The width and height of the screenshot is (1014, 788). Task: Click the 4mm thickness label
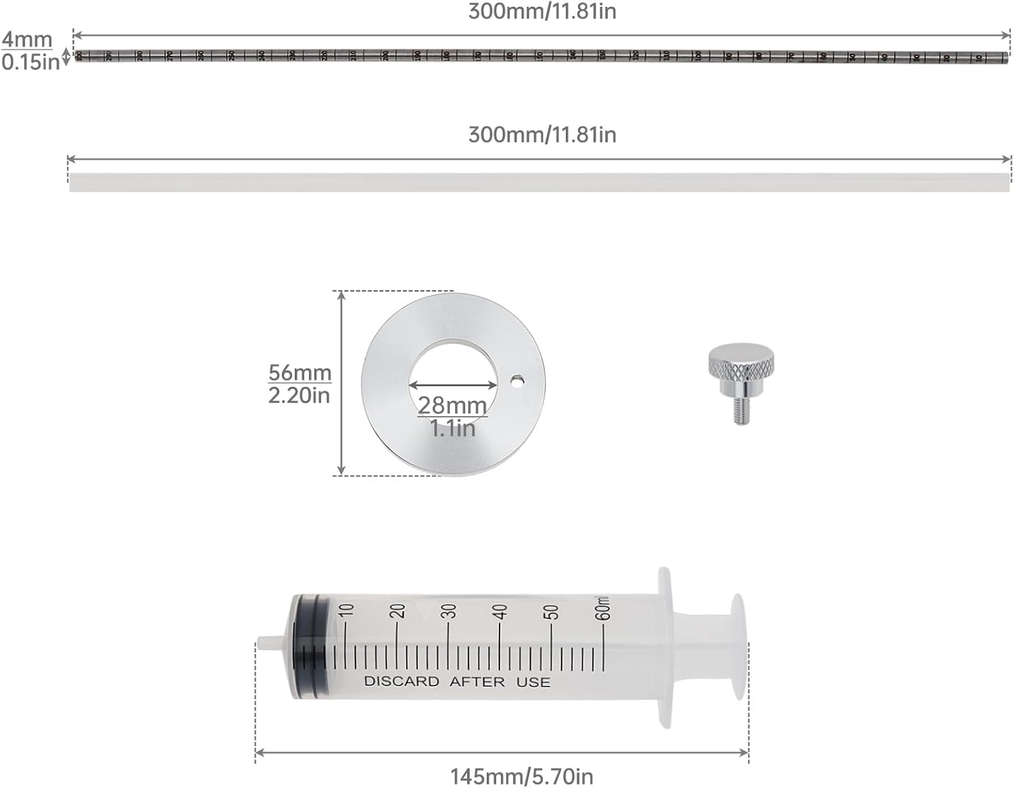pyautogui.click(x=26, y=39)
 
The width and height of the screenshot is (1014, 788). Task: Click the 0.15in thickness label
pyautogui.click(x=30, y=62)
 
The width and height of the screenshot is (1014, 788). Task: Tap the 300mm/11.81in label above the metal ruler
pyautogui.click(x=542, y=11)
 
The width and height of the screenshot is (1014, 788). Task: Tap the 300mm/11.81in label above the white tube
pyautogui.click(x=542, y=135)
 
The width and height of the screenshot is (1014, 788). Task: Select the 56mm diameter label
pyautogui.click(x=299, y=373)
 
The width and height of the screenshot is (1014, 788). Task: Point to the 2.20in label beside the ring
pyautogui.click(x=299, y=395)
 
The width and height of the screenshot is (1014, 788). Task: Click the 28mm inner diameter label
pyautogui.click(x=452, y=405)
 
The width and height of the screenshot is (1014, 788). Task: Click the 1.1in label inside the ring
pyautogui.click(x=452, y=427)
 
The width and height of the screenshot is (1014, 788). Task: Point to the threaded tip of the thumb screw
pyautogui.click(x=742, y=412)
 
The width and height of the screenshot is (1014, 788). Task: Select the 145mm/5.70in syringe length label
pyautogui.click(x=522, y=776)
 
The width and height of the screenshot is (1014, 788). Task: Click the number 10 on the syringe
pyautogui.click(x=346, y=610)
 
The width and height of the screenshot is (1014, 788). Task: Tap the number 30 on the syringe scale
pyautogui.click(x=449, y=611)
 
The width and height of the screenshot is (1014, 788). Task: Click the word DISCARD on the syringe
pyautogui.click(x=402, y=681)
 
